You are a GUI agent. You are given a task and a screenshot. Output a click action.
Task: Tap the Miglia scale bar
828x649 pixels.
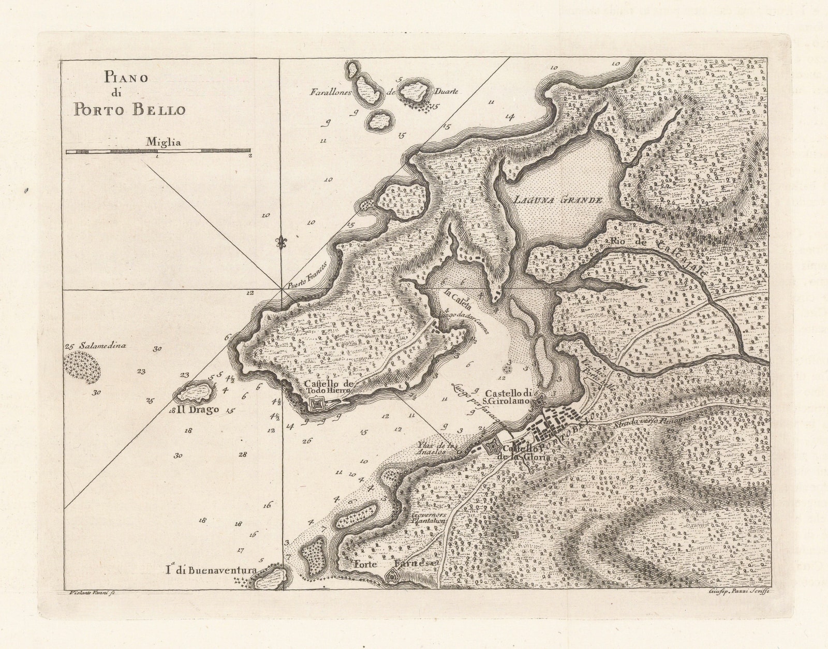tap(158, 151)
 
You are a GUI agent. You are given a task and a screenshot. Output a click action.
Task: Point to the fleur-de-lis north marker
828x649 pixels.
tap(282, 243)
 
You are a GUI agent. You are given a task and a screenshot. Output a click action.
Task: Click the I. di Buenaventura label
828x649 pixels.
tap(211, 570)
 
